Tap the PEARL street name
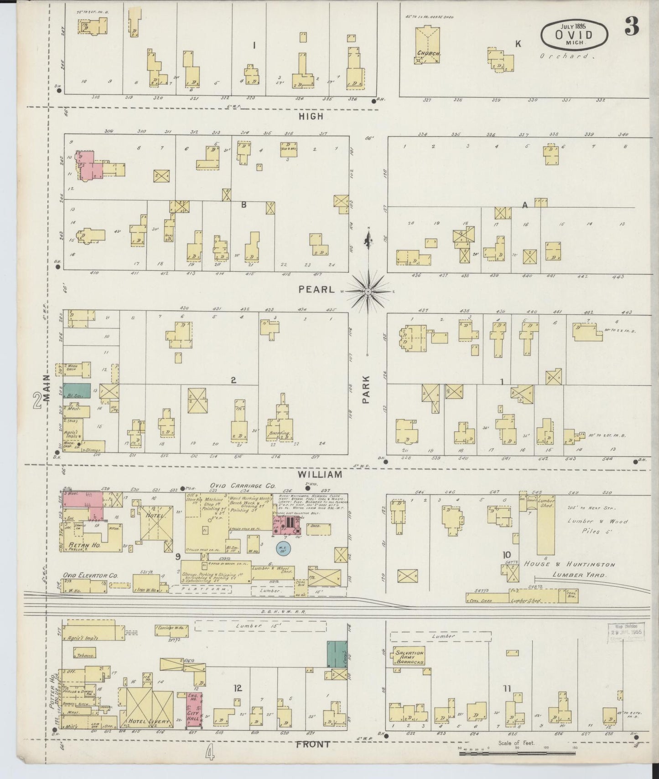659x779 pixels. (317, 290)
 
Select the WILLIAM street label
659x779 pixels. (320, 474)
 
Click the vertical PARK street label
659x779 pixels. (365, 389)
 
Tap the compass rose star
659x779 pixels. (368, 291)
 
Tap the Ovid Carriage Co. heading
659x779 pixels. (242, 486)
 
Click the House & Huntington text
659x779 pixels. (569, 564)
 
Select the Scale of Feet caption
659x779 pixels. (517, 743)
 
